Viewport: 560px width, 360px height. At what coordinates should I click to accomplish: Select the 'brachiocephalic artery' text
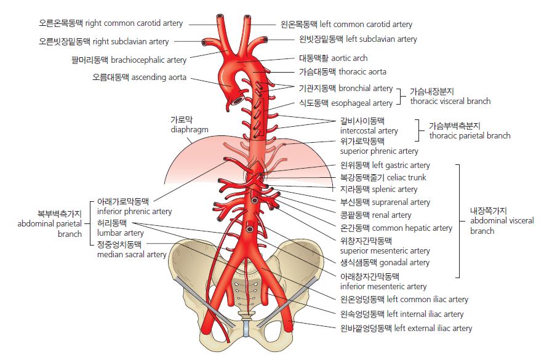pyautogui.click(x=129, y=60)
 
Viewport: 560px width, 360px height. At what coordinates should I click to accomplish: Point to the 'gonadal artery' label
pyautogui.click(x=385, y=263)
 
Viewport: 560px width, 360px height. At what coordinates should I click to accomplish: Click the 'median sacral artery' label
pyautogui.click(x=132, y=254)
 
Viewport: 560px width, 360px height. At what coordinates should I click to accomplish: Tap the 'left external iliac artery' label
pyautogui.click(x=406, y=329)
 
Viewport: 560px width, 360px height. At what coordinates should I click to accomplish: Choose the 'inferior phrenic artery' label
pyautogui.click(x=135, y=211)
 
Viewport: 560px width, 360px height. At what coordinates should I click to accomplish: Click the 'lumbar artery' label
pyautogui.click(x=121, y=233)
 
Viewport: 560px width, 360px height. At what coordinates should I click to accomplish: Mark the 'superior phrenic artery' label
pyautogui.click(x=379, y=151)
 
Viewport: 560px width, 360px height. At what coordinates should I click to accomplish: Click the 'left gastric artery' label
pyautogui.click(x=385, y=166)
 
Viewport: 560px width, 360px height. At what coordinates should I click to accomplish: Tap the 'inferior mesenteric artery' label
pyautogui.click(x=383, y=286)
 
